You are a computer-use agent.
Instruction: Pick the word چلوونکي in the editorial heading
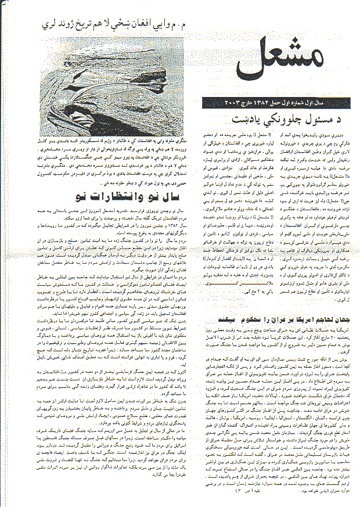coord(267,118)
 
